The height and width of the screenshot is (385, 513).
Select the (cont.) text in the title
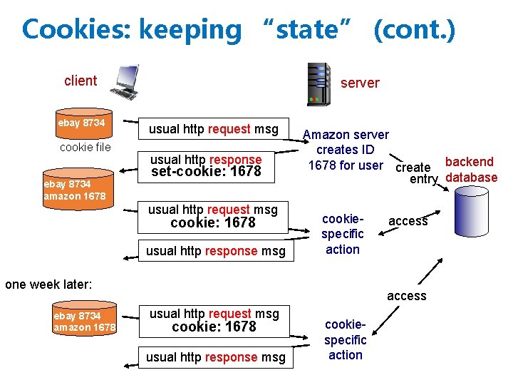[413, 30]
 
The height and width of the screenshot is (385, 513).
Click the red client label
[80, 81]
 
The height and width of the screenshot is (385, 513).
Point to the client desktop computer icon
[125, 81]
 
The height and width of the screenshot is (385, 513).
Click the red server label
[360, 83]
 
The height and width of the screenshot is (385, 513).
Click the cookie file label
[85, 148]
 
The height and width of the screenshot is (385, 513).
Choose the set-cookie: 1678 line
[206, 172]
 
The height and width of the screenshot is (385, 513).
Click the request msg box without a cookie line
[212, 129]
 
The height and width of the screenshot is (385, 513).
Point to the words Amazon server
[346, 135]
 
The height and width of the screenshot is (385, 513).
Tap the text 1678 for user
[346, 165]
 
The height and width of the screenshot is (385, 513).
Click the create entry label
[416, 173]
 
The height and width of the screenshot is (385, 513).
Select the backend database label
[470, 170]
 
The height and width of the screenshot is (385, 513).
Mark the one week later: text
[48, 284]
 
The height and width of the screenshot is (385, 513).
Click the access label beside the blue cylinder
[408, 221]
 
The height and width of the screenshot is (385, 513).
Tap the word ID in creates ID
[367, 150]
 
